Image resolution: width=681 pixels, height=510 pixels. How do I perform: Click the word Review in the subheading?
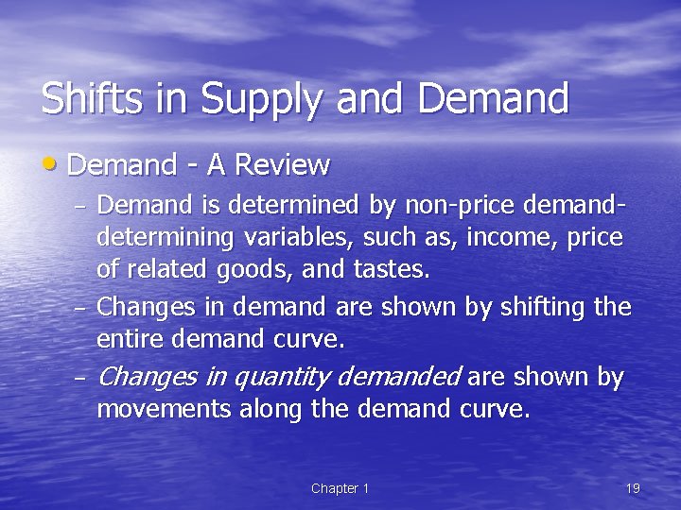[282, 166]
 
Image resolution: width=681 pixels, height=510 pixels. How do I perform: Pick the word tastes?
[392, 271]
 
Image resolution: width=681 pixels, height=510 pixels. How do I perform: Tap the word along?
[270, 411]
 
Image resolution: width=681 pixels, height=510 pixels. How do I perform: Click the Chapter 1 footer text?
[340, 488]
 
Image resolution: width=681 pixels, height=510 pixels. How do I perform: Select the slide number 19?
[633, 488]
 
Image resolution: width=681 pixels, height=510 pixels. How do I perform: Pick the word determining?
[165, 238]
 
